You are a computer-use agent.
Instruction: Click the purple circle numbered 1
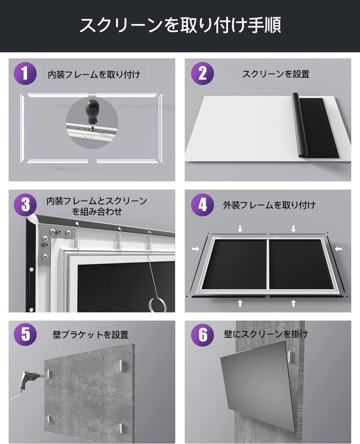(x=25, y=74)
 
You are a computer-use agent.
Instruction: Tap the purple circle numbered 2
(x=202, y=74)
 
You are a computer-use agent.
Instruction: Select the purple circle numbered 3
(x=25, y=205)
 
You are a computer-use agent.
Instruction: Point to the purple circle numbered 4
(x=202, y=205)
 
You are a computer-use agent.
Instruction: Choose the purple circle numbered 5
(x=25, y=335)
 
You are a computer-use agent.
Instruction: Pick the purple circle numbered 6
(x=202, y=335)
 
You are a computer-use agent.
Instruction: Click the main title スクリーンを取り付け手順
(x=180, y=26)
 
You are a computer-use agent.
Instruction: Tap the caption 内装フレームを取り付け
(x=94, y=75)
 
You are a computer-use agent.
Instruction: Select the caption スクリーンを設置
(x=276, y=74)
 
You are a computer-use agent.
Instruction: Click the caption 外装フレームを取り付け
(x=269, y=205)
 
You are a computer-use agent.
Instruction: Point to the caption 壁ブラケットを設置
(x=90, y=335)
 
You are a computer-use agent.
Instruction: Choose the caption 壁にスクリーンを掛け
(x=266, y=334)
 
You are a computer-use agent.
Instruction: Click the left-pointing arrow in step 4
(x=338, y=248)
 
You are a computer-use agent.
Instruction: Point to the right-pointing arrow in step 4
(x=195, y=248)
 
